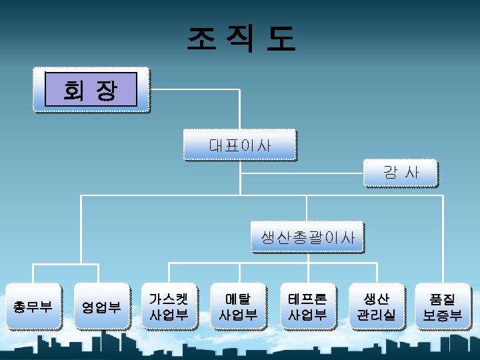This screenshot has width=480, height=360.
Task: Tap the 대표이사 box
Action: (x=239, y=145)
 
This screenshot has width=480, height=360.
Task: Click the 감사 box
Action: (x=401, y=173)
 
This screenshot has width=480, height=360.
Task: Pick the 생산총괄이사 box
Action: (x=307, y=237)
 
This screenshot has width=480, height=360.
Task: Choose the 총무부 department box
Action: (x=33, y=307)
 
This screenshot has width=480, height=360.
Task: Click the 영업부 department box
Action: (x=101, y=307)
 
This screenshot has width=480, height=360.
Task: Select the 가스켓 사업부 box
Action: (x=169, y=307)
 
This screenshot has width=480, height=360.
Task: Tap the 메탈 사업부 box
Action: (x=238, y=307)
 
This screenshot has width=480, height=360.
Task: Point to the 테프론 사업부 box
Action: (x=307, y=307)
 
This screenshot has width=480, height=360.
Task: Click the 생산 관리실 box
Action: (x=377, y=307)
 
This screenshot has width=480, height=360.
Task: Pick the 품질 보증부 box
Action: (x=443, y=307)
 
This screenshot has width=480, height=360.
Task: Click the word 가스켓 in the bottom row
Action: (x=169, y=298)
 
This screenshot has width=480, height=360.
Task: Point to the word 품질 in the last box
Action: (x=443, y=298)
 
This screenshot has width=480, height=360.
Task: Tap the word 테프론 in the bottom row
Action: (x=307, y=298)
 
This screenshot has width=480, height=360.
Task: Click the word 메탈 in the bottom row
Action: (x=238, y=298)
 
